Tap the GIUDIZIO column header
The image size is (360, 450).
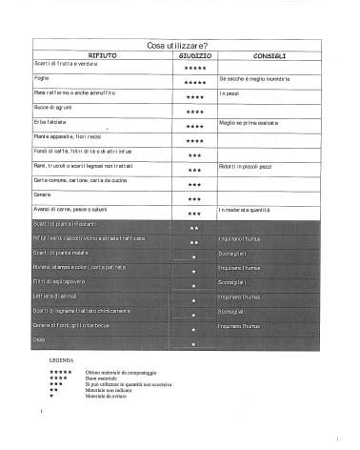click(x=194, y=56)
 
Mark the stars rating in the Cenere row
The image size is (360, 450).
click(x=194, y=199)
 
